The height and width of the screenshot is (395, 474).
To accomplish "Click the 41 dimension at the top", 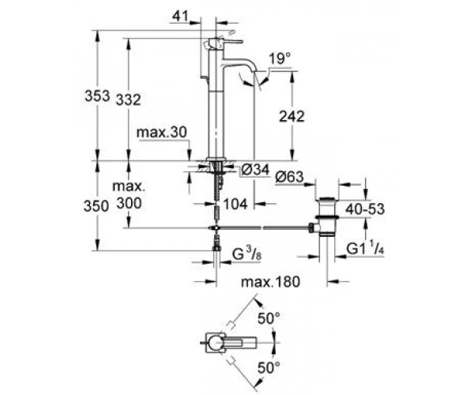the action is (x=180, y=16).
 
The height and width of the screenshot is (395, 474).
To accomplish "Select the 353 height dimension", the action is (x=97, y=96).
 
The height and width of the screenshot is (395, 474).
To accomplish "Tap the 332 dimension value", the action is (x=129, y=100).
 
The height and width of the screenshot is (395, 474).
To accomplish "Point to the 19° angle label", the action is (x=280, y=58).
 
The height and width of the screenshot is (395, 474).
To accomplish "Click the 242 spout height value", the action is (x=292, y=116).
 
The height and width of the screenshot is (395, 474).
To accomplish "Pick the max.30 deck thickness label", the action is (x=162, y=133).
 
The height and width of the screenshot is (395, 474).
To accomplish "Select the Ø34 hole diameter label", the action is (x=255, y=170).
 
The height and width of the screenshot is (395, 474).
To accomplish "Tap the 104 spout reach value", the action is (x=235, y=205).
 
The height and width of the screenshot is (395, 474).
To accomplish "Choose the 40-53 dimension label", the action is (x=365, y=209).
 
